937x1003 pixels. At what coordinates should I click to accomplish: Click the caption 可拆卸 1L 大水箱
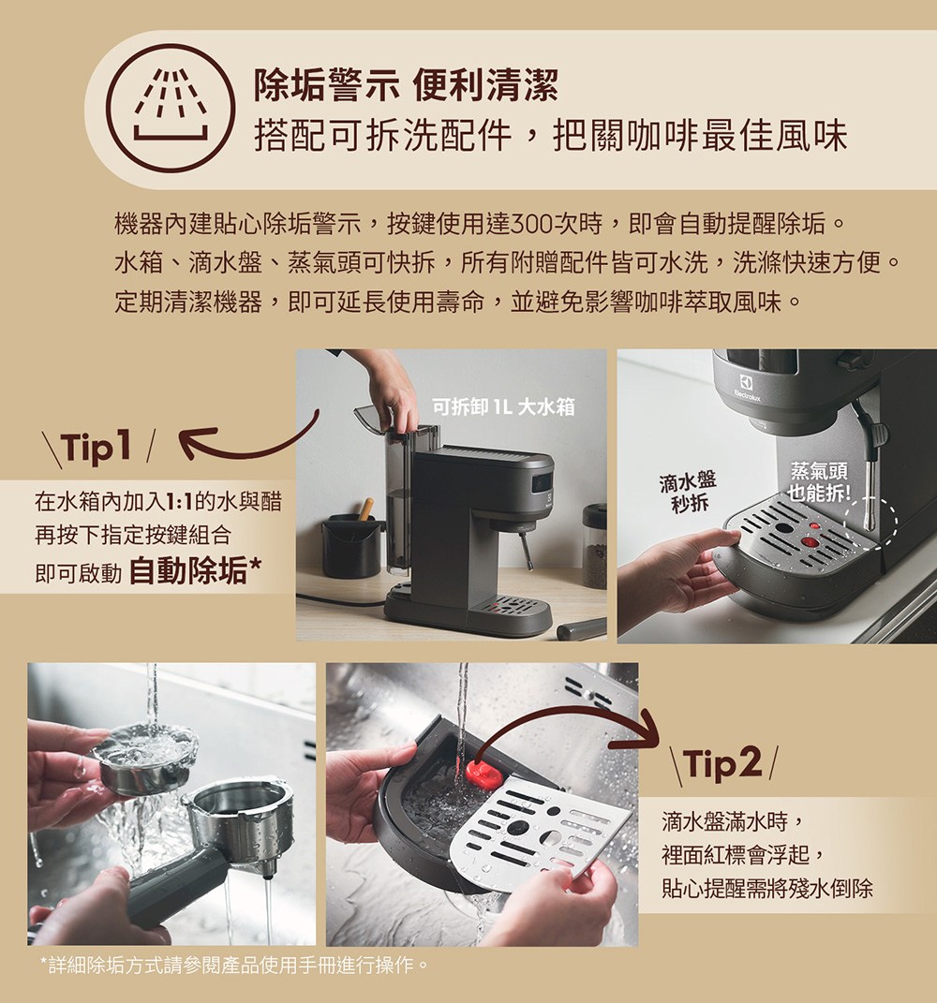coord(503,406)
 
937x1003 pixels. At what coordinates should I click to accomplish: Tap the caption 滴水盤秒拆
coord(687,493)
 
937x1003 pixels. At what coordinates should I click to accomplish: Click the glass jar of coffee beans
coord(594,547)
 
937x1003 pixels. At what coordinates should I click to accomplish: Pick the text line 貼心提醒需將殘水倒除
coord(766,888)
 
